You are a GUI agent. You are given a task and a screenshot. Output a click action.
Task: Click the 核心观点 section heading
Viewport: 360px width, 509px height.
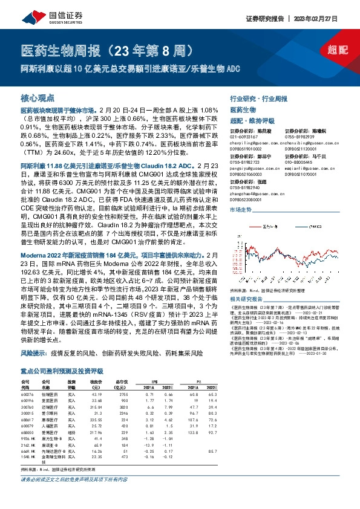(38, 97)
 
